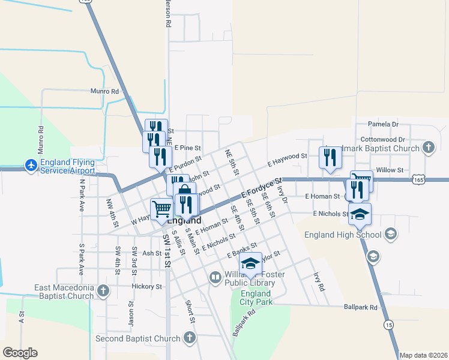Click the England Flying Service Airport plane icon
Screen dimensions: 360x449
(x=31, y=164)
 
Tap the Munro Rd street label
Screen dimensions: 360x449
(x=105, y=91)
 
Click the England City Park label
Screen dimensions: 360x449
(x=256, y=298)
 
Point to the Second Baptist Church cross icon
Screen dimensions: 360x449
(x=189, y=338)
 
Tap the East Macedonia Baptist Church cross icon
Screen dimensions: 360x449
(x=103, y=292)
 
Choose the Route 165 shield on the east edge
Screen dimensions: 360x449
(x=436, y=179)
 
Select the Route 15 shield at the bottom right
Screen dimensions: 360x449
(x=390, y=325)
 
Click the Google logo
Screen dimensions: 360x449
(x=20, y=353)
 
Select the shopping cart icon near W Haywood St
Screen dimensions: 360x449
(x=161, y=209)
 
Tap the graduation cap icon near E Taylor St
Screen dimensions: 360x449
(x=250, y=264)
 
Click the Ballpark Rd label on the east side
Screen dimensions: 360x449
(x=361, y=307)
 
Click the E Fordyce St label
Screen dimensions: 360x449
(x=262, y=188)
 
